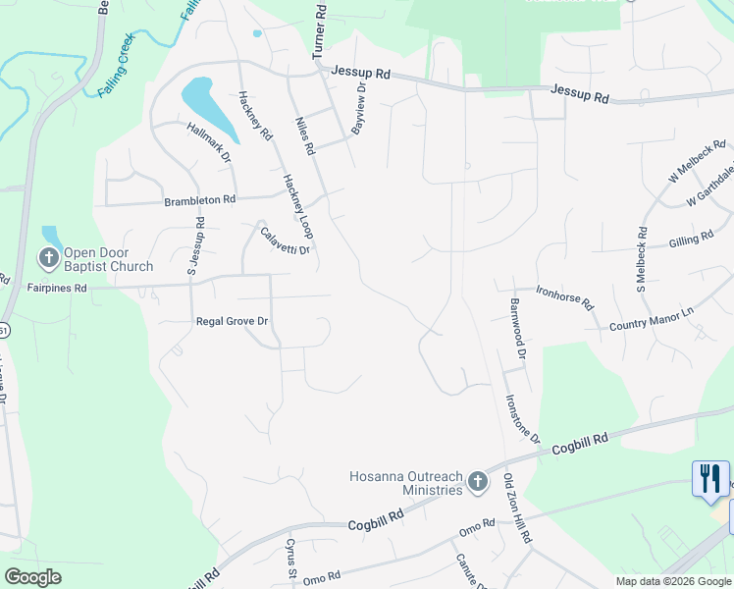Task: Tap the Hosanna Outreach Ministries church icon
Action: pyautogui.click(x=477, y=481)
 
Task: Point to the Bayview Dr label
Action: pyautogui.click(x=358, y=109)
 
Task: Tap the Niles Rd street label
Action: pyautogui.click(x=304, y=136)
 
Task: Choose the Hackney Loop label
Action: pyautogui.click(x=296, y=206)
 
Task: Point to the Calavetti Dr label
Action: pyautogui.click(x=286, y=241)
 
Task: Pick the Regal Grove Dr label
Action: pyautogui.click(x=233, y=321)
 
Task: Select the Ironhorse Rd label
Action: pyautogui.click(x=564, y=296)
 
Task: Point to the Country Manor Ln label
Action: pyautogui.click(x=651, y=317)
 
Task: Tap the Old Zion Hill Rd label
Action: pyautogui.click(x=517, y=509)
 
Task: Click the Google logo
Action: pyautogui.click(x=33, y=577)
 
